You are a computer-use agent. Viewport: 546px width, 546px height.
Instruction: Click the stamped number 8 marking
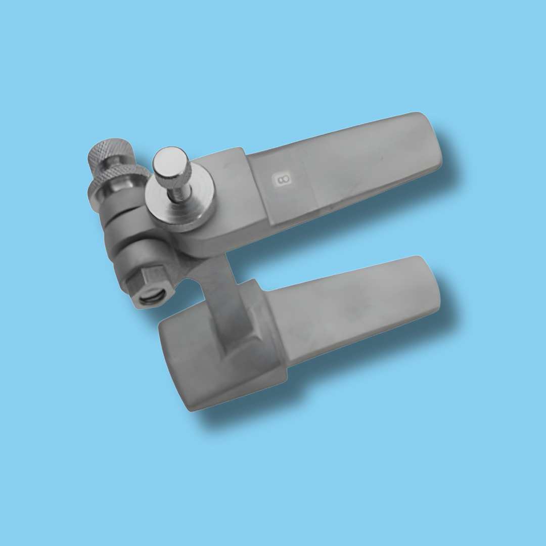tap(282, 179)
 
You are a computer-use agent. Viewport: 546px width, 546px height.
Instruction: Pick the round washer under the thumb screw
tap(179, 207)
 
